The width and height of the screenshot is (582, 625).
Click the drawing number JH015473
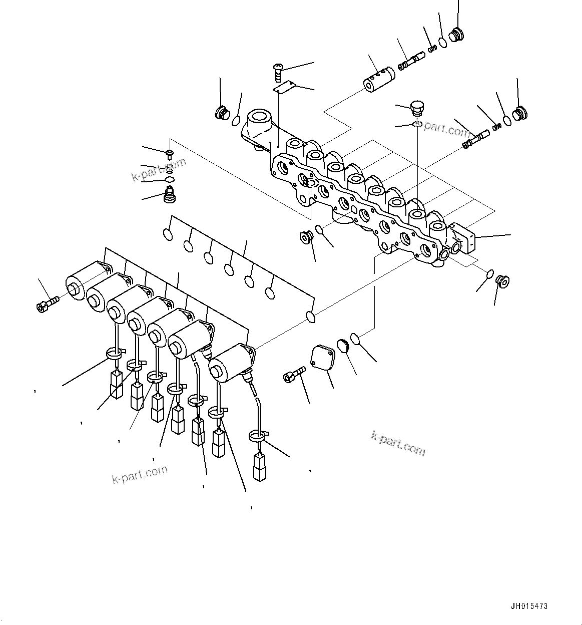[528, 606]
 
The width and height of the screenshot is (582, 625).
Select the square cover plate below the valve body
[322, 359]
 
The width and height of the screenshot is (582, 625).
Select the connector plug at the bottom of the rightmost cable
[259, 467]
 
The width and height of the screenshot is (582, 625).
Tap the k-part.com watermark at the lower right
[398, 443]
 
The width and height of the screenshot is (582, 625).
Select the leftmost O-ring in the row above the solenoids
[167, 234]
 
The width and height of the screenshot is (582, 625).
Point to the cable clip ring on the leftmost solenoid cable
[114, 354]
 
